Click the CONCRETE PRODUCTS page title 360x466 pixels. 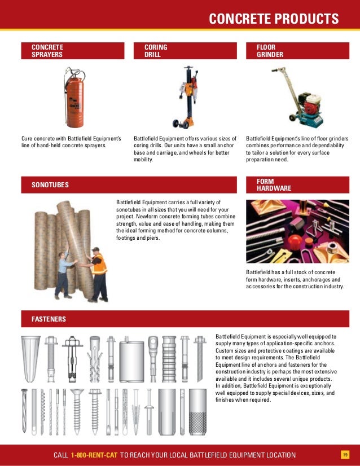[274, 19]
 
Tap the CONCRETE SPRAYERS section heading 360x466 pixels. [47, 51]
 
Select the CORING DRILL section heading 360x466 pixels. [156, 51]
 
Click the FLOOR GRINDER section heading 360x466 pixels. [270, 51]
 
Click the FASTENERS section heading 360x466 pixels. [49, 319]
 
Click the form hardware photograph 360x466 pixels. [297, 232]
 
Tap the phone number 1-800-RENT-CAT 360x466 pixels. [94, 455]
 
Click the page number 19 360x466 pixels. [345, 455]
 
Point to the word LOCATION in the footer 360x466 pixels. [277, 455]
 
